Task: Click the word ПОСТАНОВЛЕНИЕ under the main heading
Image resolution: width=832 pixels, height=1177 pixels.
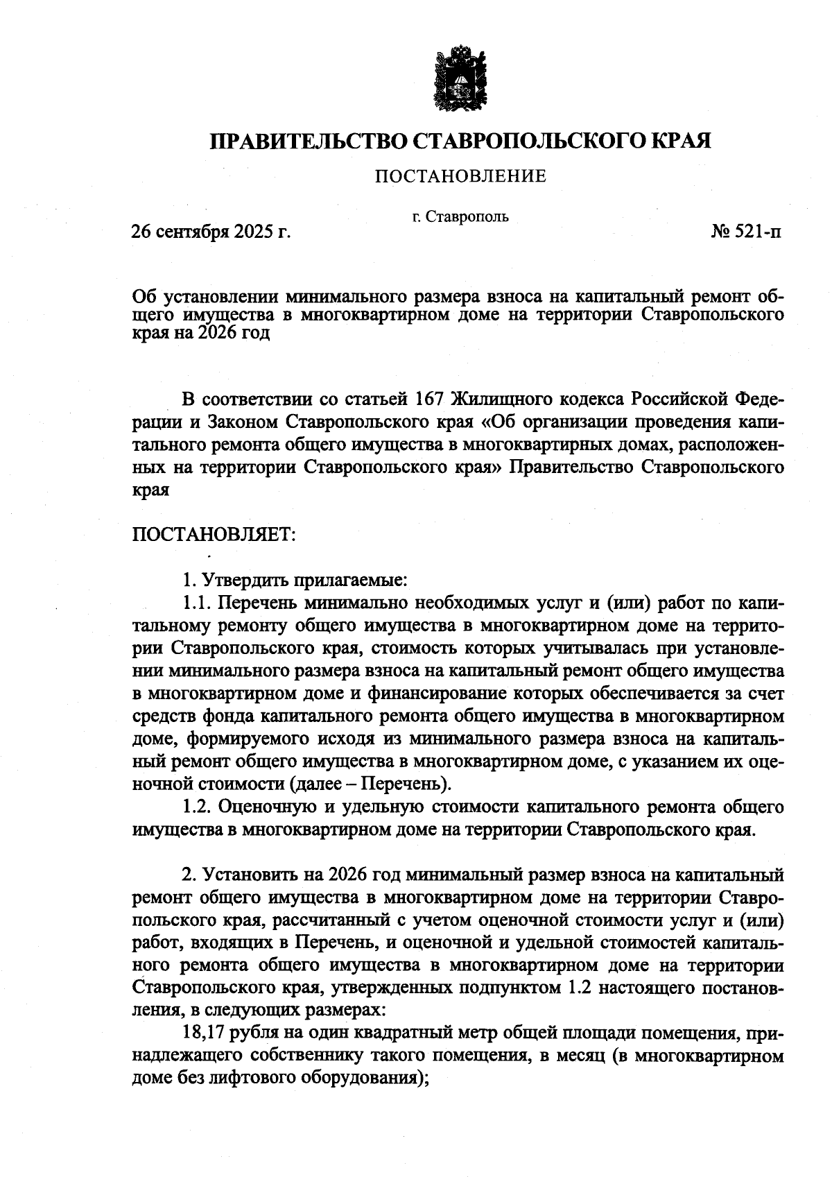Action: [x=460, y=176]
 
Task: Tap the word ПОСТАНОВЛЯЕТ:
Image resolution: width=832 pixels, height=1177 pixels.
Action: [x=214, y=535]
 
